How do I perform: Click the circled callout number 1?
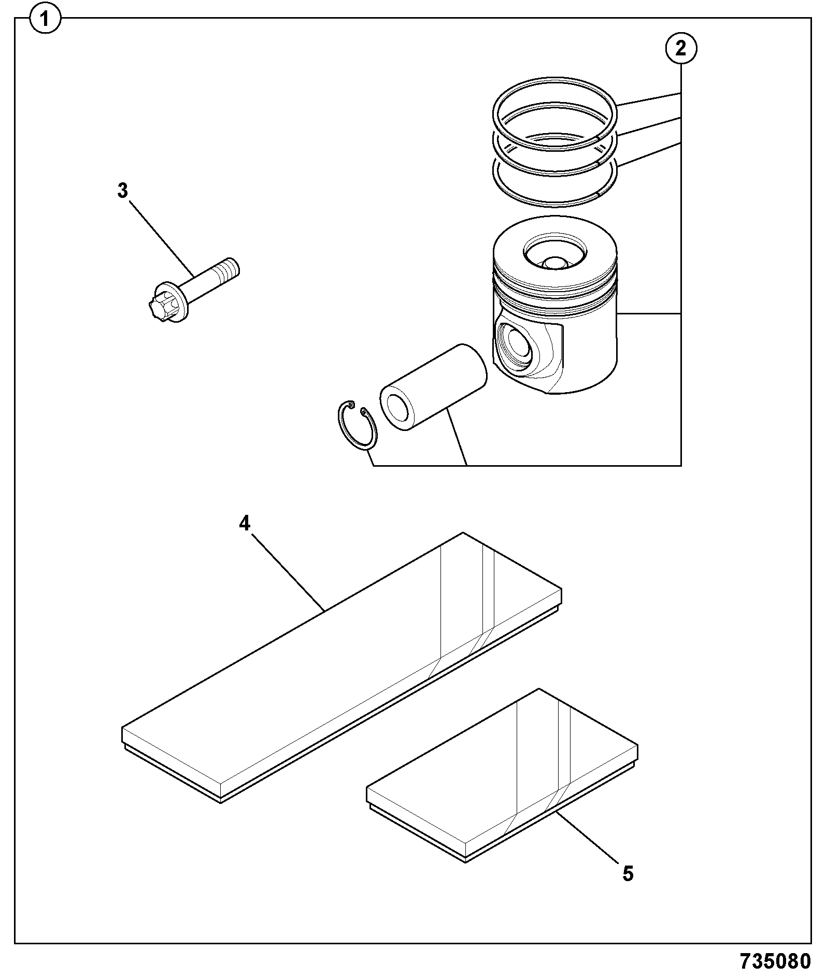tap(45, 20)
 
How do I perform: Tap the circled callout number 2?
tap(680, 48)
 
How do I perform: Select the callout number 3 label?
tap(122, 191)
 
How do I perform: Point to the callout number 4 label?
tap(245, 524)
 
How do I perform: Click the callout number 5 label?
tap(628, 874)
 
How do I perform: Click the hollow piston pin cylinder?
tap(433, 387)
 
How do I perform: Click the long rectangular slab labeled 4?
tap(342, 668)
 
